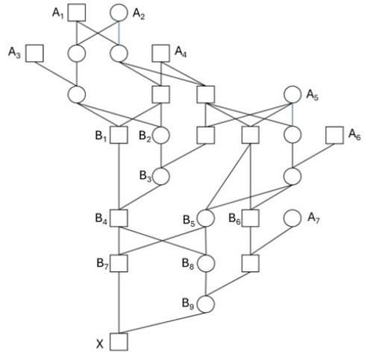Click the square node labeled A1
pos(77,13)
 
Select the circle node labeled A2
pos(119,13)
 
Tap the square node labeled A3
pos(34,53)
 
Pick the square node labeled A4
pos(161,53)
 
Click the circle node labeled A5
pos(292,95)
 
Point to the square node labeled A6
pos(335,135)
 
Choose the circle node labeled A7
pos(292,218)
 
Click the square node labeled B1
pos(119,135)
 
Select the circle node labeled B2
pos(161,135)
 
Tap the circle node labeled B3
pos(161,176)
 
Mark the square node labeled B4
pos(119,218)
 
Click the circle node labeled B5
pos(205,218)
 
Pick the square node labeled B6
pos(251,218)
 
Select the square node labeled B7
pos(119,263)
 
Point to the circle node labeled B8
pos(205,263)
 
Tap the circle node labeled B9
pos(205,304)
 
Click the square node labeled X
pos(119,341)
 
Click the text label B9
pos(188,304)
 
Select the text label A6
pos(354,135)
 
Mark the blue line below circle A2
pos(119,33)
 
